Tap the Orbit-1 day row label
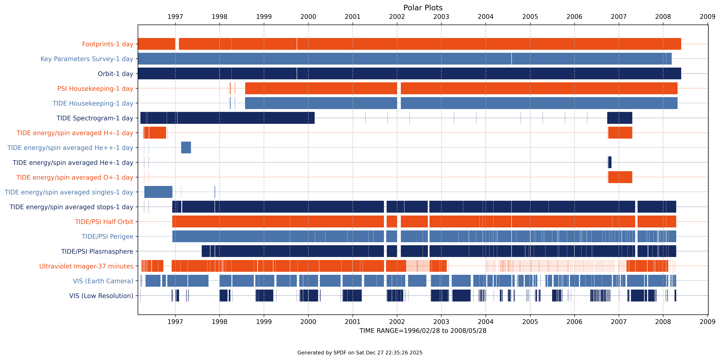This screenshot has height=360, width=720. (115, 74)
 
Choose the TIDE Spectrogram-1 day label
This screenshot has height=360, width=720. (95, 118)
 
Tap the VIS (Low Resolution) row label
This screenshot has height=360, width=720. (101, 296)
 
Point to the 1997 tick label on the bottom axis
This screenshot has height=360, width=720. (175, 322)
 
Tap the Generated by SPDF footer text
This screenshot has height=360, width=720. (360, 353)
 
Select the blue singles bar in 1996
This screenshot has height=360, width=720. (158, 192)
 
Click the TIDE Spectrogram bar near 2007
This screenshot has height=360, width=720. (619, 118)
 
